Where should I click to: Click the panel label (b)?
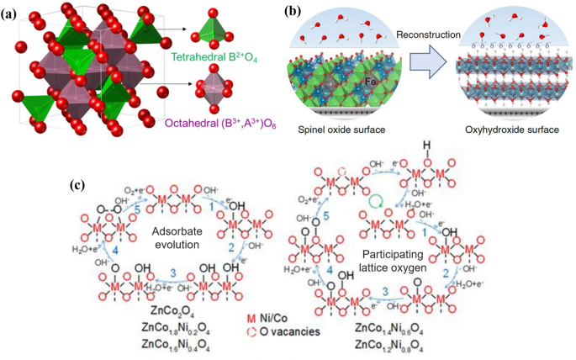(292, 12)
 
